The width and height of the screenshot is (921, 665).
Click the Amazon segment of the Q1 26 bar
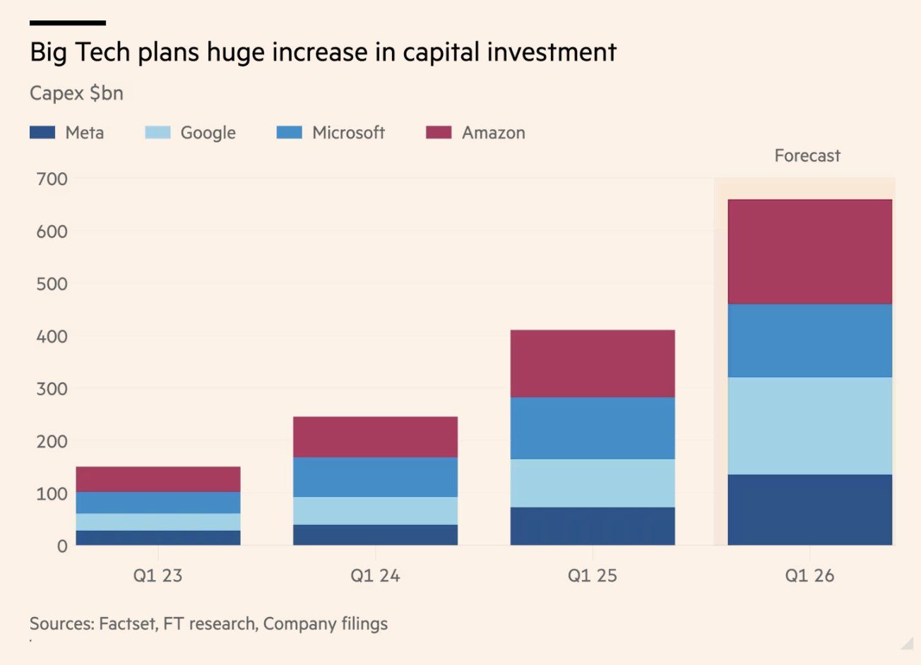pos(809,252)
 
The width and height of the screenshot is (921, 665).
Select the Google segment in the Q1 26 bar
pos(809,426)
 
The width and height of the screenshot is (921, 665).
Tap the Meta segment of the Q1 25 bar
pos(592,526)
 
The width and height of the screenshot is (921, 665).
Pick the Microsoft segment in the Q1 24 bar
pos(375,477)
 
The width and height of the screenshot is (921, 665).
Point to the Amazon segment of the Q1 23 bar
pos(158,479)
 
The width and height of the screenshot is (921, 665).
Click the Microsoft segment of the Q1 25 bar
pos(592,429)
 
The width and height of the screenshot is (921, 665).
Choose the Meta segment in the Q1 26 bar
pos(809,510)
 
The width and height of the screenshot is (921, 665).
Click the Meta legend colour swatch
pos(42,133)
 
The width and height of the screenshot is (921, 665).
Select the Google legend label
pos(208,133)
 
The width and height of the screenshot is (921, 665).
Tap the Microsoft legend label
pos(348,133)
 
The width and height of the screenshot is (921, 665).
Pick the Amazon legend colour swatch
pos(439,133)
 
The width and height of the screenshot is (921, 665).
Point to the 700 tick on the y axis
pos(52,179)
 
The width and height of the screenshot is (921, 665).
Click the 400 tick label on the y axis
pos(52,337)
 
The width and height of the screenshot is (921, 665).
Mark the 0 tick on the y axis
pos(62,546)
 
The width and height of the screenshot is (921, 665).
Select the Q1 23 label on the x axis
pos(158,576)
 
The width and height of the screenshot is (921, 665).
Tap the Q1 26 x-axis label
pos(809,576)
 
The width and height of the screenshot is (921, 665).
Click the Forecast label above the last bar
pos(807,156)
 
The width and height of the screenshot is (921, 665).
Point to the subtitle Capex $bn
pos(76,93)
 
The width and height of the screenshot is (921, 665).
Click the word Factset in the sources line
pos(128,624)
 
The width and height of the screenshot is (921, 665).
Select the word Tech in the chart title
pos(102,53)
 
